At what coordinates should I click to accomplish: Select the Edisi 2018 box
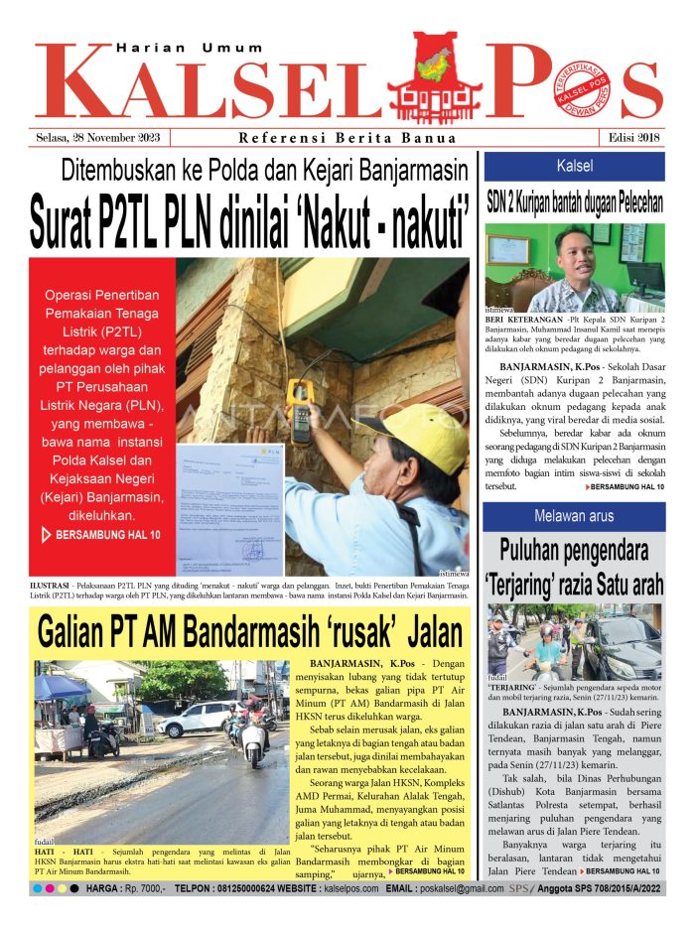pos(632,138)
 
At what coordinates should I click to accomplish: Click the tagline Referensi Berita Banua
pos(347,138)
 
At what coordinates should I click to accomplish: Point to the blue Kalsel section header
pos(575,166)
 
